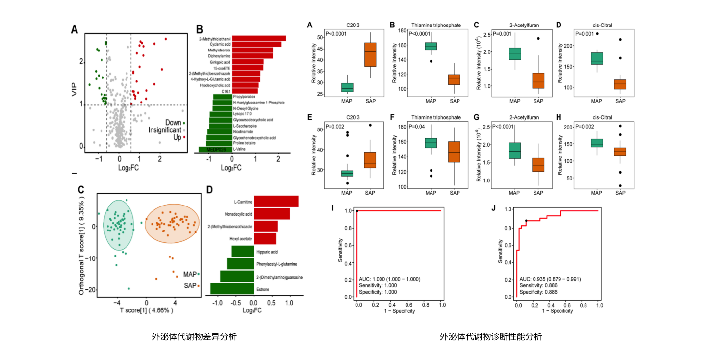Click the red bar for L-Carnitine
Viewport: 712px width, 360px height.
coord(276,201)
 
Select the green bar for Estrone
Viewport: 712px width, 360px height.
coord(232,288)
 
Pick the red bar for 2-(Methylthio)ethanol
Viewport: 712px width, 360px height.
coord(259,38)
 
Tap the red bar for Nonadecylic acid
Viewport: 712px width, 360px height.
coord(272,214)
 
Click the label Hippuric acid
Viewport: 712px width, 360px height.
coord(267,252)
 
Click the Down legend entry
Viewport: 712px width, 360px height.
coord(173,123)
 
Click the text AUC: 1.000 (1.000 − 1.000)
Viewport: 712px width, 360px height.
coord(389,279)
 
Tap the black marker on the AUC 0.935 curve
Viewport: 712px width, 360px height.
coord(526,221)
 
